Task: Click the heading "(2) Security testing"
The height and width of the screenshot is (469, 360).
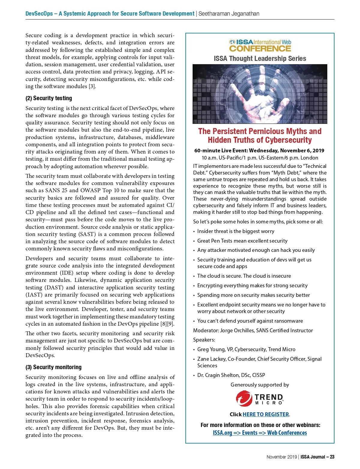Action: click(49, 98)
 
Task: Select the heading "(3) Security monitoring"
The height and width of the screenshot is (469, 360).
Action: click(53, 367)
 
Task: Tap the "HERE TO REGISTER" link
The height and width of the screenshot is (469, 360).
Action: click(265, 414)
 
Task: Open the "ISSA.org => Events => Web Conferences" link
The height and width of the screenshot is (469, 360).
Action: click(260, 433)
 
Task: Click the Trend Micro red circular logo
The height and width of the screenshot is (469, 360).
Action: click(244, 398)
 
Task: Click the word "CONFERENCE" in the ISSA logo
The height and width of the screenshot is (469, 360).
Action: click(260, 49)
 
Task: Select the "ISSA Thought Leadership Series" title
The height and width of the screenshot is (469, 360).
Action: click(260, 58)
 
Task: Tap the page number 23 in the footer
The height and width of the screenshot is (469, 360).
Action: click(332, 457)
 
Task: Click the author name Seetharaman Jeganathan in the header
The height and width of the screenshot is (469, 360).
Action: click(229, 13)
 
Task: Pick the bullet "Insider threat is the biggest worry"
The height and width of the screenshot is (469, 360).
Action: click(235, 231)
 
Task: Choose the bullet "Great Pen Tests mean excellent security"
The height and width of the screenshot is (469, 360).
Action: click(242, 241)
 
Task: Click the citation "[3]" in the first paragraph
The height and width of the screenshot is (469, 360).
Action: click(92, 86)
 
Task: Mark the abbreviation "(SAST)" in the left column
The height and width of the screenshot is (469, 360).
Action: click(87, 234)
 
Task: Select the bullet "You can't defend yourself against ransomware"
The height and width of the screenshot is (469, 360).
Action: click(250, 321)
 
